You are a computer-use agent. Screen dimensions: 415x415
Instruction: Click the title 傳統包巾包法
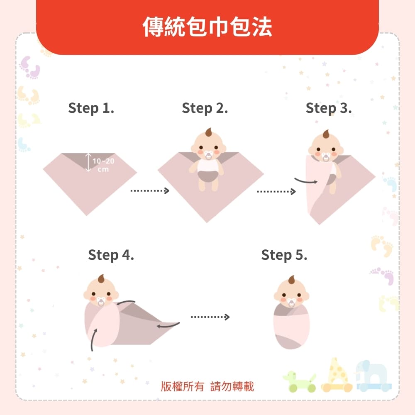(x=207, y=27)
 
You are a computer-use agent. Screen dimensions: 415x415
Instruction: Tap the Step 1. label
(x=91, y=108)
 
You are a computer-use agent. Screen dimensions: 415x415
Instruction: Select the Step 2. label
(x=205, y=108)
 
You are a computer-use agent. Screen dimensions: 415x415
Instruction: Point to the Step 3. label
(x=329, y=108)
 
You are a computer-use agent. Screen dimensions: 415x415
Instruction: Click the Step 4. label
(x=111, y=255)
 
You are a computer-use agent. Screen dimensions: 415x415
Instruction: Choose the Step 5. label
(x=284, y=255)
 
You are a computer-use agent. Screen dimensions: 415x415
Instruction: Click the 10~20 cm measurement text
(x=103, y=165)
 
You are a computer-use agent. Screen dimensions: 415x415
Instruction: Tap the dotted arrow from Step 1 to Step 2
(x=150, y=190)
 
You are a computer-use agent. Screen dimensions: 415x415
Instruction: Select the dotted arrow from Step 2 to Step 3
(x=276, y=191)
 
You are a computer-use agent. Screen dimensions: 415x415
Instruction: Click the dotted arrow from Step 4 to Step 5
(x=210, y=317)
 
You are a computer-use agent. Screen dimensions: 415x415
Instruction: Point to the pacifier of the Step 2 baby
(x=209, y=156)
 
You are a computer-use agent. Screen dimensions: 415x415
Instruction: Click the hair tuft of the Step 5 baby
(x=292, y=279)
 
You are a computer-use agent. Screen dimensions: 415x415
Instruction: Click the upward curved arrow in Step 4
(x=93, y=339)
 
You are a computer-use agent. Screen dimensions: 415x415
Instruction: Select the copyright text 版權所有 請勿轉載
(x=207, y=386)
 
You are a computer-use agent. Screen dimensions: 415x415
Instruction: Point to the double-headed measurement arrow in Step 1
(x=88, y=162)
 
